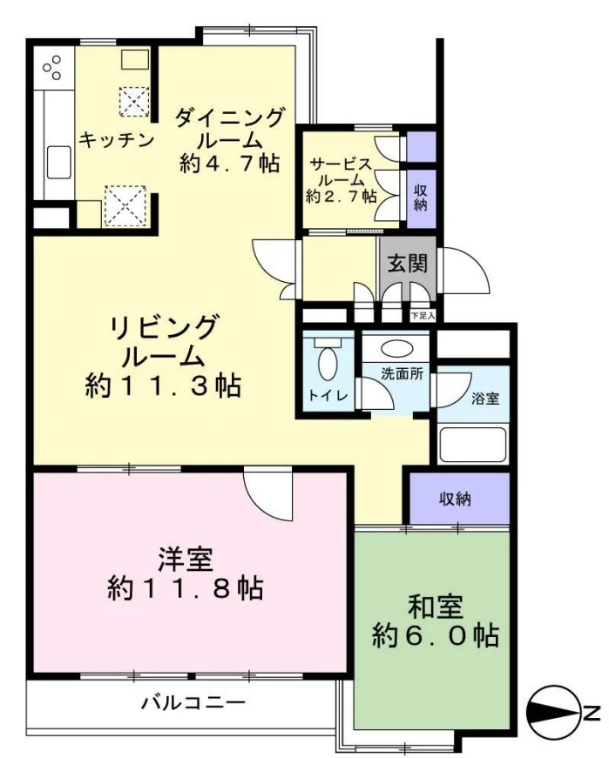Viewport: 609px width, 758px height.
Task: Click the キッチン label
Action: coord(116,140)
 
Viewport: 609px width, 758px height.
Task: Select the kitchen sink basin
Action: coord(59,163)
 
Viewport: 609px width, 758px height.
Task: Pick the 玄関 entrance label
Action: coord(408,263)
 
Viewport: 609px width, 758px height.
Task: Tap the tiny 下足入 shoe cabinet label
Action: coord(423,316)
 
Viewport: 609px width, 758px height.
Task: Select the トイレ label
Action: coord(328,395)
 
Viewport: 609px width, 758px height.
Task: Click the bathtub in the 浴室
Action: coord(472,444)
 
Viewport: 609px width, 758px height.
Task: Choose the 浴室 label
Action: coord(485,399)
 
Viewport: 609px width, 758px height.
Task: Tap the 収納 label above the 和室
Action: coord(455,499)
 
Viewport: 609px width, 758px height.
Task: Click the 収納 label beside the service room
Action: coord(420,198)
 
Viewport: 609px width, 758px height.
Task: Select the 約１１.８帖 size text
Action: coord(186,588)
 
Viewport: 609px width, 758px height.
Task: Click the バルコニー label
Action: coord(193,702)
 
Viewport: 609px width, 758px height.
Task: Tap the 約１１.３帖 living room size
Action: coord(163,386)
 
